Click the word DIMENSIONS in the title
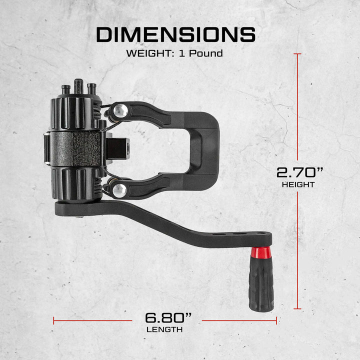[x=175, y=34]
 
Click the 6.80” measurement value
[x=168, y=317]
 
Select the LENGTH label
[x=164, y=329]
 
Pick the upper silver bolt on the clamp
[x=119, y=110]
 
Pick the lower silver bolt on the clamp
[x=119, y=189]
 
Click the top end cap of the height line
[x=298, y=54]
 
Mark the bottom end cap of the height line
[x=298, y=309]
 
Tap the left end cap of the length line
[x=53, y=320]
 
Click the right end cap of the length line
[x=276, y=320]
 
